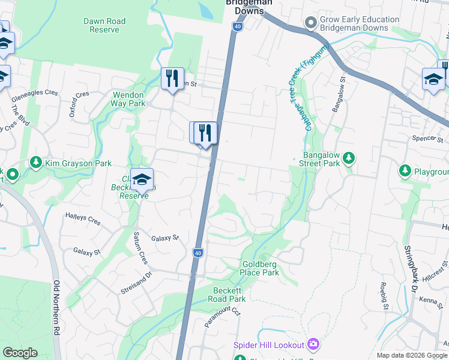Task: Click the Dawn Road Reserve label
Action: click(x=104, y=25)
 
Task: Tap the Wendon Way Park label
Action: click(x=128, y=99)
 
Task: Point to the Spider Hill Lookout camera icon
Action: click(x=313, y=344)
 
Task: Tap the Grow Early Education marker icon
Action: click(x=310, y=23)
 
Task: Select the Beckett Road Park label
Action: click(x=229, y=295)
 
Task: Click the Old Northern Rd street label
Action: click(x=57, y=308)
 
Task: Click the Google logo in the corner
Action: click(x=20, y=353)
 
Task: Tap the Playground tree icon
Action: click(x=405, y=172)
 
